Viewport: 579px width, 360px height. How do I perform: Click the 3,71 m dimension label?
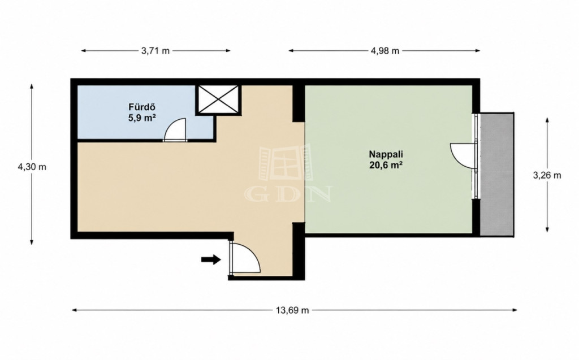click(x=155, y=51)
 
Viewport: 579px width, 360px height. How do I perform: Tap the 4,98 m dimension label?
click(x=384, y=51)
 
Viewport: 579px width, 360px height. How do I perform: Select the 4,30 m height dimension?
click(x=32, y=167)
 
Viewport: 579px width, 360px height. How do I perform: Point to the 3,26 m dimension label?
click(x=547, y=175)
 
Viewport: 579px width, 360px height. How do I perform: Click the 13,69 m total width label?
click(x=292, y=310)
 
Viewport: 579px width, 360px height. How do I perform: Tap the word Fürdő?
click(x=142, y=107)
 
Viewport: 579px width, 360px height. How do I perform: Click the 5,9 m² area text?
click(x=142, y=118)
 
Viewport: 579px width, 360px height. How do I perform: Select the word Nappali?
click(x=386, y=154)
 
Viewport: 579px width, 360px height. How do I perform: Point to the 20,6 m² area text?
click(x=386, y=165)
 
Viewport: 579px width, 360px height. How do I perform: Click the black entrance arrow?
click(x=211, y=259)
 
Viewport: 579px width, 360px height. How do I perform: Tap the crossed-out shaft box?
click(x=218, y=99)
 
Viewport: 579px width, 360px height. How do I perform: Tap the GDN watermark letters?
click(x=288, y=194)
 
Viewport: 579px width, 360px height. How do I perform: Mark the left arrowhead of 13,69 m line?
click(x=74, y=310)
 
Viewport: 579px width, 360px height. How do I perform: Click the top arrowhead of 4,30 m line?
click(x=32, y=87)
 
